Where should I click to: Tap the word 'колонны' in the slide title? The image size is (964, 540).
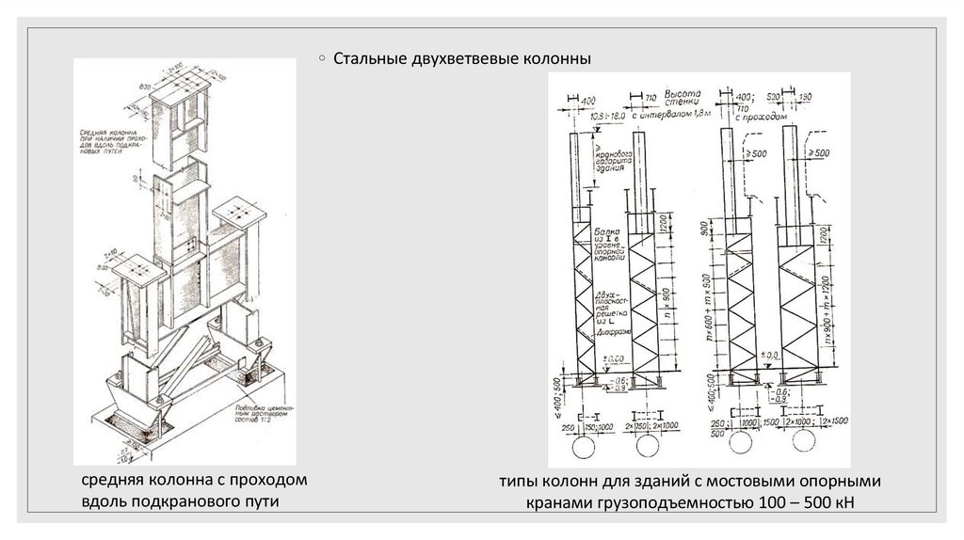tap(555, 60)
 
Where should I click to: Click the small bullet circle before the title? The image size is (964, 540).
tap(323, 58)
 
